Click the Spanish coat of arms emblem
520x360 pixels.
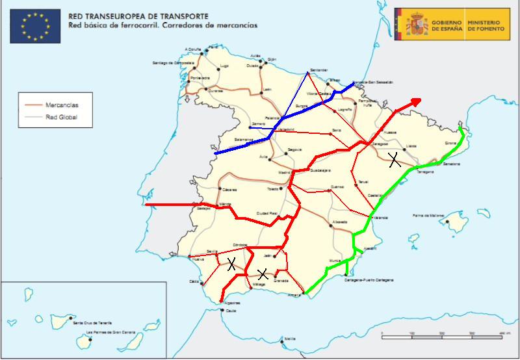coord(416,25)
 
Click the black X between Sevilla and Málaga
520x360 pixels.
coord(231,263)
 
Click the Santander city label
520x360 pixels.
coord(319,70)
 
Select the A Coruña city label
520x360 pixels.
coord(193,49)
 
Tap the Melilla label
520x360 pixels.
coord(290,339)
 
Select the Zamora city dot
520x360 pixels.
coord(250,127)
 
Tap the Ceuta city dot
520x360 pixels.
coord(222,310)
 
